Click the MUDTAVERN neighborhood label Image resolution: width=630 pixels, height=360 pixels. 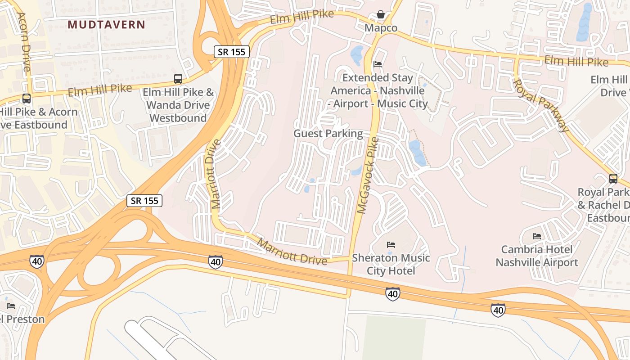point(107,25)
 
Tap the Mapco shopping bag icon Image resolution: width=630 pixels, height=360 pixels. point(381,15)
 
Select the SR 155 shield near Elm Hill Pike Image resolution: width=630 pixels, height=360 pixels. point(231,52)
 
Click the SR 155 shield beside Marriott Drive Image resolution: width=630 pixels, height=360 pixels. point(144,201)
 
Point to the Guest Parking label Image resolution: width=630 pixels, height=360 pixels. point(328,133)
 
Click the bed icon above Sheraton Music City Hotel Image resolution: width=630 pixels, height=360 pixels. point(391,245)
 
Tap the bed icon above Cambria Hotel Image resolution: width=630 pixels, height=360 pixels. point(536,236)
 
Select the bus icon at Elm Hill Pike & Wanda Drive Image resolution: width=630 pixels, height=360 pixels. point(178,79)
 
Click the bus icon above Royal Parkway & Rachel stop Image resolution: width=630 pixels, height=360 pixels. point(613,179)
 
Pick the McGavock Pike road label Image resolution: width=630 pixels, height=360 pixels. point(368,175)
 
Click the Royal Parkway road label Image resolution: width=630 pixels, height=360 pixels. point(541,105)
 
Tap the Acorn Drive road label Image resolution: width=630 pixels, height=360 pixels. point(23,41)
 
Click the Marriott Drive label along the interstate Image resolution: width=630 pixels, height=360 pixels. point(292,252)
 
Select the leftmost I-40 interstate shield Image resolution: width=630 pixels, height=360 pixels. point(36,261)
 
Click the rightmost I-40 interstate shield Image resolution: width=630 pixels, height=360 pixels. point(498,310)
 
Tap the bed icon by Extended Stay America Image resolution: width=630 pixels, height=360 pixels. point(378,64)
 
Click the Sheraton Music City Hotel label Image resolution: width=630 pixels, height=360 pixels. point(391,264)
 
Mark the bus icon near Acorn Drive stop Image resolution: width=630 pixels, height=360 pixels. point(27,98)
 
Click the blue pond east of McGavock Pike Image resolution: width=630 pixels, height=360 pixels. point(417,152)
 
